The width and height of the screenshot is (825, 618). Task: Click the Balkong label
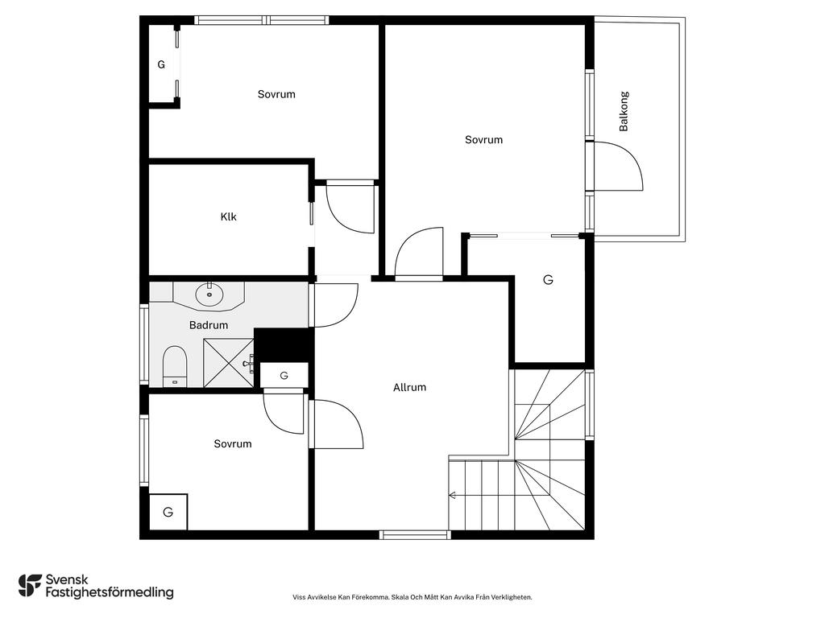coord(624,111)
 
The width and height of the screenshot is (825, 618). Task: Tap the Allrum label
coord(409,387)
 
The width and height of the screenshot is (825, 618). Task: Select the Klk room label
coord(228,216)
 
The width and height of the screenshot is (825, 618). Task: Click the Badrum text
coord(209,325)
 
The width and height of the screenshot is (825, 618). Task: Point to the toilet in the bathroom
coord(175,366)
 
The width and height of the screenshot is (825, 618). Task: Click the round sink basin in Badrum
coord(209,295)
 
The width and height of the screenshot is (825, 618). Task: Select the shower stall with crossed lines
coord(229,363)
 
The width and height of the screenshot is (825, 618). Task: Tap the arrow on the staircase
coord(451,495)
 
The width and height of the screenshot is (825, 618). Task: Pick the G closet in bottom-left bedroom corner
coord(168,512)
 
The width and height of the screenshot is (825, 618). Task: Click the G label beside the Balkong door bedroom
coord(548,279)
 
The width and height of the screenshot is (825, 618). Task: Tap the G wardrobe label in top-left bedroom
coord(161,64)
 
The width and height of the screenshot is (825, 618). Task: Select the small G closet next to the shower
coord(284,375)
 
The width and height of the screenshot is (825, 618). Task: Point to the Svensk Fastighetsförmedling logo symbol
coord(30,586)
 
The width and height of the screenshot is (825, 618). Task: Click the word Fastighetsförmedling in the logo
coord(110,592)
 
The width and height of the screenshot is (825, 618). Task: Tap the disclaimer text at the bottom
coord(412,597)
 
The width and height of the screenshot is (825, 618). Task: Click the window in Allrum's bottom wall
coord(415,535)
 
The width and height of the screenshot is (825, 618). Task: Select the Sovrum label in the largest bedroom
coord(483,140)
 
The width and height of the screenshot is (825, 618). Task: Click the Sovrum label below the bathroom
coord(233,444)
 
